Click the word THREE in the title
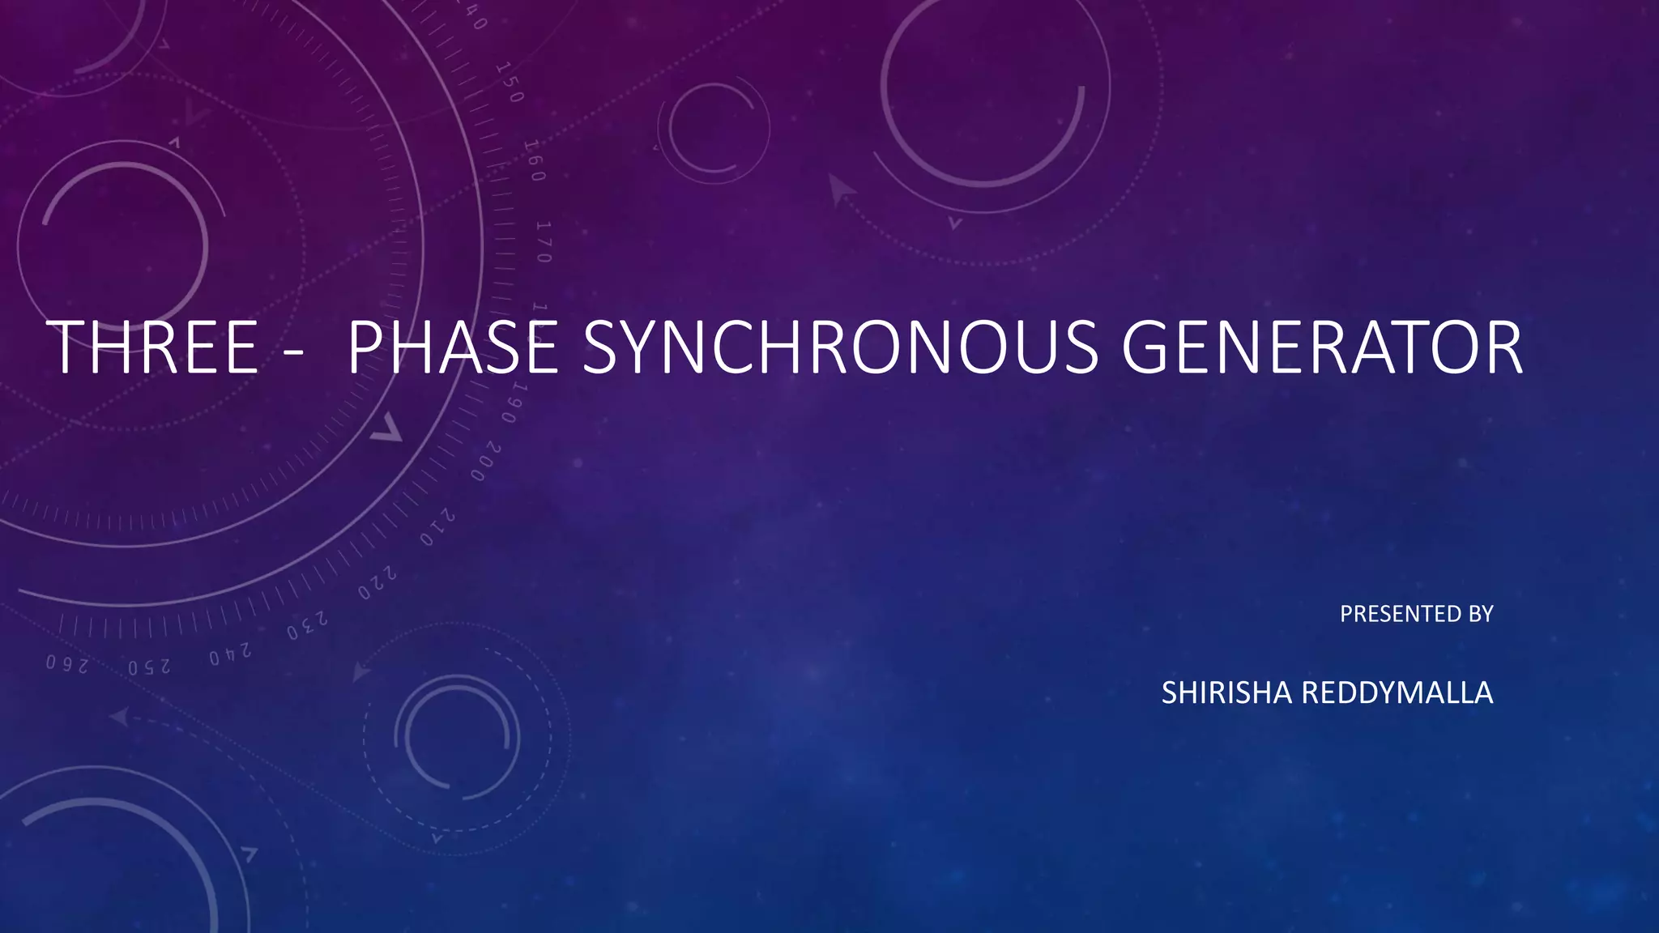[154, 347]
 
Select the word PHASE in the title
[452, 347]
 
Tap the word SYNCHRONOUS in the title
[840, 347]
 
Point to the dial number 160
[534, 160]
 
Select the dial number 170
[544, 241]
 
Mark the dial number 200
[486, 462]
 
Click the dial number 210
[437, 527]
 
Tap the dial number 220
[377, 583]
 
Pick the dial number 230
[308, 624]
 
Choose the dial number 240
[230, 654]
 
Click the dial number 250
[149, 667]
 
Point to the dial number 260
[66, 664]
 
